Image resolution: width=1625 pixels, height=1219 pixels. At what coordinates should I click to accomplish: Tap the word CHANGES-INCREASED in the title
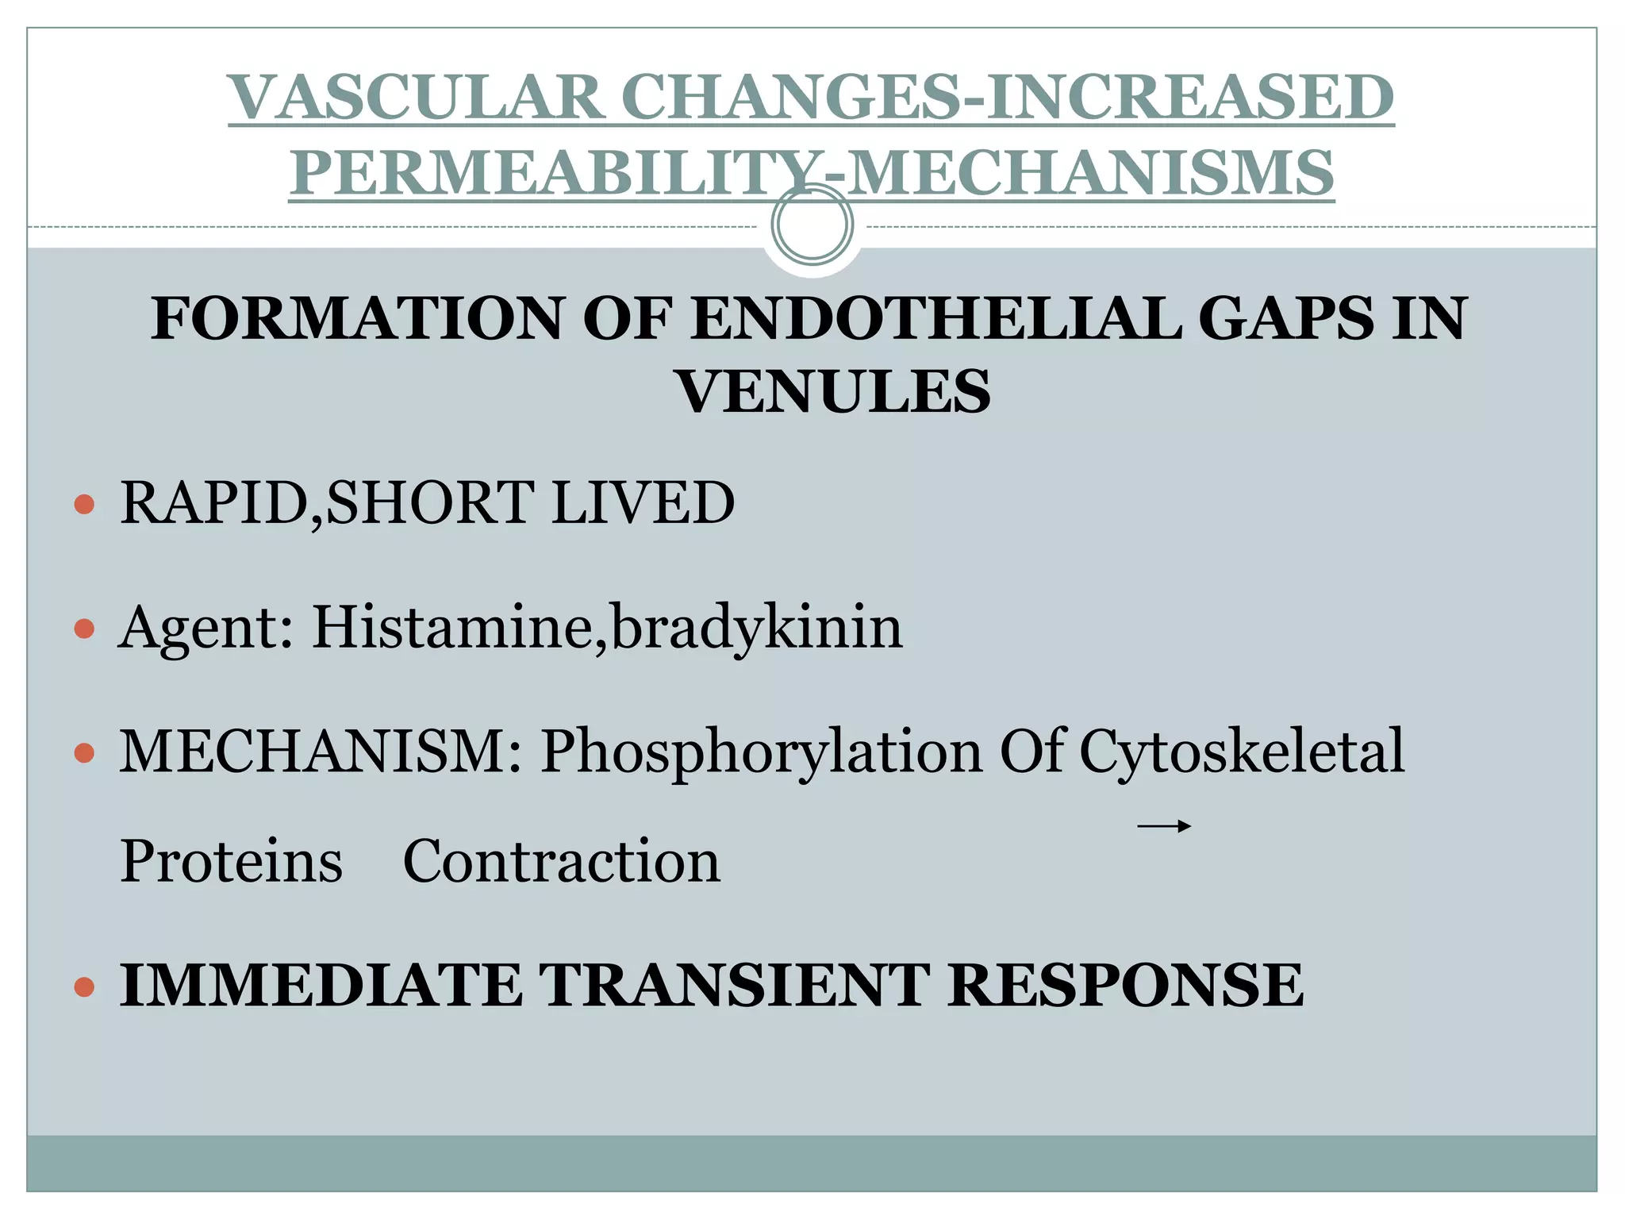[x=1012, y=98]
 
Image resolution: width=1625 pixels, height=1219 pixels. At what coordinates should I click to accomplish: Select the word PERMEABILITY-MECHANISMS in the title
[x=811, y=173]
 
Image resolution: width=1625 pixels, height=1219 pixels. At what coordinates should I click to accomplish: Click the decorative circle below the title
[x=812, y=225]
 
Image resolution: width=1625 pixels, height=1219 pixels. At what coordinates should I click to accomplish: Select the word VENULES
[x=833, y=392]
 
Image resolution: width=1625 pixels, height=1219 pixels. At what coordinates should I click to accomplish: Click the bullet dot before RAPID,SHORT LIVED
[x=84, y=504]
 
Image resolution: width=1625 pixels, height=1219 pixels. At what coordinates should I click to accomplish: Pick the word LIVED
[x=643, y=503]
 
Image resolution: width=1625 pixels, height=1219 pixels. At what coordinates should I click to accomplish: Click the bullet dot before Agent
[x=84, y=629]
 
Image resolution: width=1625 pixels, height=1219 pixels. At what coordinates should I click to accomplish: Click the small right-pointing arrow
[x=1164, y=827]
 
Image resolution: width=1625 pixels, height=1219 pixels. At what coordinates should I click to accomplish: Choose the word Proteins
[x=231, y=862]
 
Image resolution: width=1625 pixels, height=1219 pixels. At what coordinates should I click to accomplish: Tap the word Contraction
[x=562, y=862]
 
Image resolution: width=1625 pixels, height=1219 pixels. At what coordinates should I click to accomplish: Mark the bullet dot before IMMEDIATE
[x=84, y=987]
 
